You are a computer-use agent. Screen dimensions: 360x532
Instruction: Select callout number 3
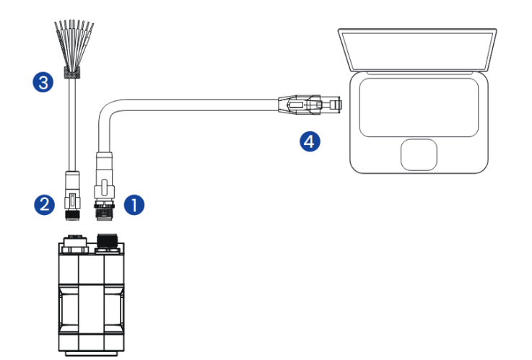(x=45, y=82)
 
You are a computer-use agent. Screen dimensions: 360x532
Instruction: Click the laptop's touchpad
(x=419, y=153)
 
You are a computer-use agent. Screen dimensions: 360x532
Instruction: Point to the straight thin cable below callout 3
(x=72, y=123)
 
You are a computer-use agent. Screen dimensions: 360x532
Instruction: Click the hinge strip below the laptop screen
(x=417, y=73)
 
